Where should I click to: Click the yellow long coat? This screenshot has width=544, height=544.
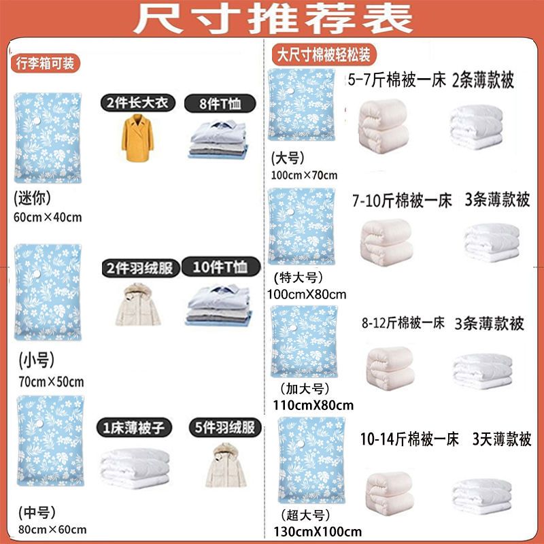point(138,138)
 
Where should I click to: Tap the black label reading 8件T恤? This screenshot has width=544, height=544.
point(220,103)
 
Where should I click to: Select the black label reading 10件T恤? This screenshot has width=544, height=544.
point(220,267)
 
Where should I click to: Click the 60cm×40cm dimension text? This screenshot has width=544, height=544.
point(48,217)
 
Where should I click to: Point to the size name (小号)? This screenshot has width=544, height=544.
point(37,360)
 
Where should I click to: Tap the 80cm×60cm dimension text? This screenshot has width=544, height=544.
point(52,530)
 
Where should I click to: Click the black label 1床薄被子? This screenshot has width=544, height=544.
point(134,428)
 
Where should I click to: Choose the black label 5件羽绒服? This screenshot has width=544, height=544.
point(225,428)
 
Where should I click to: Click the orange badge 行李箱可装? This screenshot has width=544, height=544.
point(45,63)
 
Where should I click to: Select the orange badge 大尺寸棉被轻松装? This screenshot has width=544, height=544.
point(324,55)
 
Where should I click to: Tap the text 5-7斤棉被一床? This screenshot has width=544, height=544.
point(396,80)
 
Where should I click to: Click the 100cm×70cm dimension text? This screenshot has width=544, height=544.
point(304,175)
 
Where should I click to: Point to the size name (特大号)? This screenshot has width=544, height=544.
point(299,277)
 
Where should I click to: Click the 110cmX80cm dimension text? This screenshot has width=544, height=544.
point(313,405)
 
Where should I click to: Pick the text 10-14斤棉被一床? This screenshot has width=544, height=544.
point(409,439)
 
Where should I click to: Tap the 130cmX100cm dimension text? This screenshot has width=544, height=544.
point(318,531)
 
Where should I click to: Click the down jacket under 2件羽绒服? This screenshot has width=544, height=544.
point(138,304)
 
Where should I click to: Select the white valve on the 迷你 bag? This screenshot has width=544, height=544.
point(37,121)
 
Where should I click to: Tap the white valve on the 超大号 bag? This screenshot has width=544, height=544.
point(301,443)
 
